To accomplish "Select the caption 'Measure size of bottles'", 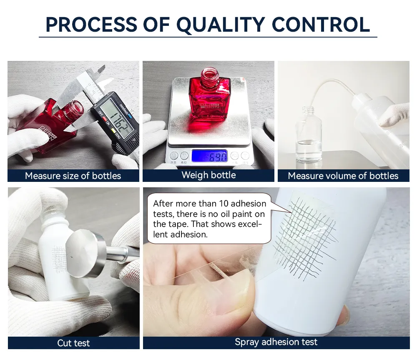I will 73,176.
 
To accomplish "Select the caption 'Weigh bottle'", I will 208,175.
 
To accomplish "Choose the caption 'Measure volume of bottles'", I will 343,176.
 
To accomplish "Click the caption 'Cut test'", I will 73,343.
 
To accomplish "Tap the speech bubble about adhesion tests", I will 209,219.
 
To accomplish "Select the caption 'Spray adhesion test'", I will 276,342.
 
